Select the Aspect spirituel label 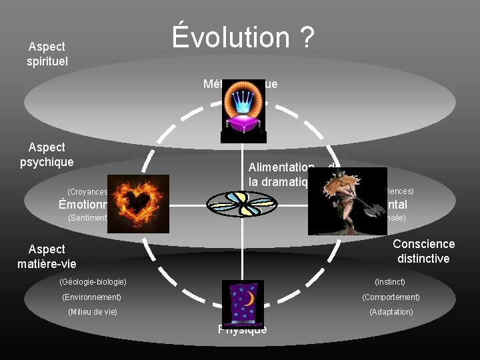click(x=47, y=54)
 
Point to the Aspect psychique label click(x=47, y=154)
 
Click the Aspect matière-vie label click(x=47, y=257)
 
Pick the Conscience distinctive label click(x=424, y=251)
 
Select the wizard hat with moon click(x=243, y=303)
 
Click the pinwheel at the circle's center click(x=241, y=203)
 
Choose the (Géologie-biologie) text click(x=93, y=282)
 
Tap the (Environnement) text click(x=91, y=297)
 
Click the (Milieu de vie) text click(x=93, y=312)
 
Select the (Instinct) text click(x=390, y=282)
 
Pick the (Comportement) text click(x=391, y=297)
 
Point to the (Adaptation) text click(x=391, y=312)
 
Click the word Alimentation click(x=281, y=168)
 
